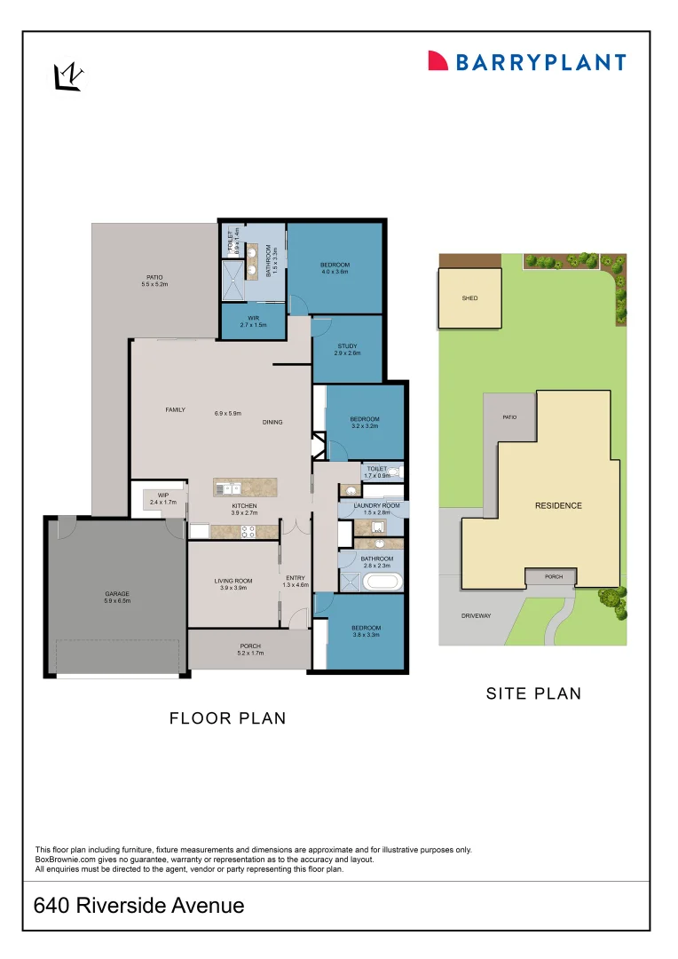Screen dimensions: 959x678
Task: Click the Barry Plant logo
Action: [527, 61]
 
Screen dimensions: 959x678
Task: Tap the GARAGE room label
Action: [117, 593]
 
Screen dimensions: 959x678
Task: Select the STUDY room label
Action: [347, 346]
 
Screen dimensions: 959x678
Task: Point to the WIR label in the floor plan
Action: [253, 317]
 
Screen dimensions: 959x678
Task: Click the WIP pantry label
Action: [163, 495]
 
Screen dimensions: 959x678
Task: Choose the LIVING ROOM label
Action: [233, 581]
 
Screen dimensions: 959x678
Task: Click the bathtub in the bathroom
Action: [382, 583]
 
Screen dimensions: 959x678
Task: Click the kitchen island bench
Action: [245, 487]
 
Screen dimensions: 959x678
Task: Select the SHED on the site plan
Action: [469, 298]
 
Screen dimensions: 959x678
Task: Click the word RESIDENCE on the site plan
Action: [558, 505]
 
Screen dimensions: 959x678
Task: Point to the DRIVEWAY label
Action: [476, 615]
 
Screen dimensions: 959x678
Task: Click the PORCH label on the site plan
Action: [554, 577]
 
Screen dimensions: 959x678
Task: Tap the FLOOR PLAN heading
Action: [228, 718]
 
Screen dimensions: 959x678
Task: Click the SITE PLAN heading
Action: [533, 693]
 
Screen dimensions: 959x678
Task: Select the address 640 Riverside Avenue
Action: [138, 906]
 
